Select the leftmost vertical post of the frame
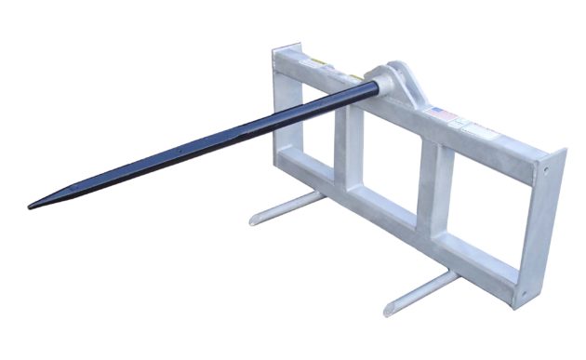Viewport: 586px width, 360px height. [283, 112]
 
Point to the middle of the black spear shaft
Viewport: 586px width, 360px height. [205, 144]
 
